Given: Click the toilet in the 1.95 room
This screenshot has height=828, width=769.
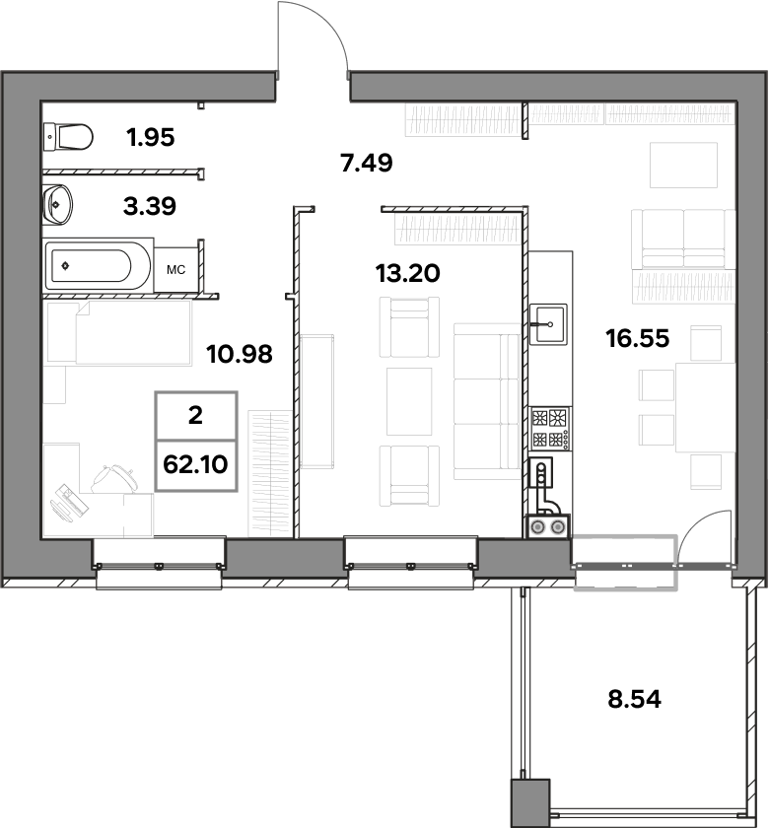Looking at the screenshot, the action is [68, 137].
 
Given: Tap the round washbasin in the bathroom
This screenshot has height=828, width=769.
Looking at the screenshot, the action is [57, 204].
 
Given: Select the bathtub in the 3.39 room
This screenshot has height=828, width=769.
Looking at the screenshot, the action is [88, 265].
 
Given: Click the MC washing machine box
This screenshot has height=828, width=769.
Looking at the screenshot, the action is [175, 270].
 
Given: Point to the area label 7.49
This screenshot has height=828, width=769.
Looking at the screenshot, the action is [367, 163].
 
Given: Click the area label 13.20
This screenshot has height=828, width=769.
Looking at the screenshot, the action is [407, 274].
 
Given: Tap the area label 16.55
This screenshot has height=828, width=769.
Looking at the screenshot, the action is [638, 338].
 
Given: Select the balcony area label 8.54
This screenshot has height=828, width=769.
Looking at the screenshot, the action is [634, 699].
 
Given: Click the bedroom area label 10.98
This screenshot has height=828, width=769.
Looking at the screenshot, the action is [240, 354].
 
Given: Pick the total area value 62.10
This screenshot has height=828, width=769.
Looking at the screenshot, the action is [196, 464].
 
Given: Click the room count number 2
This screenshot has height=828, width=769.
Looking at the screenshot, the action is [195, 416].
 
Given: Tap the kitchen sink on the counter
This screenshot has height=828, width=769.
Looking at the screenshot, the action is [548, 323].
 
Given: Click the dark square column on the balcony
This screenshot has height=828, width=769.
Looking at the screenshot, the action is [530, 802].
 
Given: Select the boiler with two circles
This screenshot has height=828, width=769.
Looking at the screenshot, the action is [548, 526].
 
